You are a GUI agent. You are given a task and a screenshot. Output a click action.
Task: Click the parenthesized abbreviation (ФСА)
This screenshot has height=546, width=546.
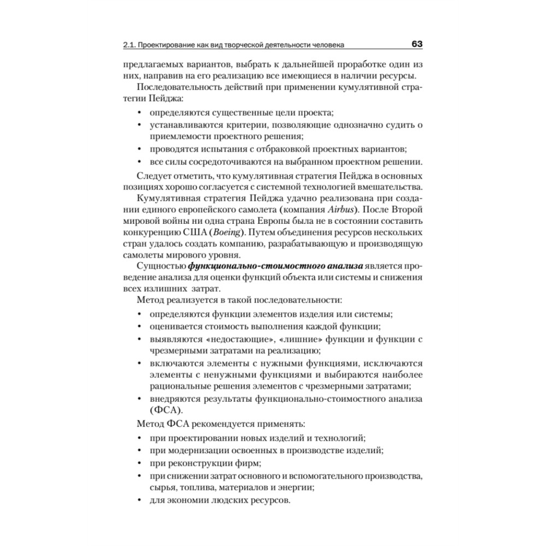(165, 410)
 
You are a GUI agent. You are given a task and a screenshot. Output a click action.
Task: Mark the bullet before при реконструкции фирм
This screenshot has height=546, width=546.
(140, 464)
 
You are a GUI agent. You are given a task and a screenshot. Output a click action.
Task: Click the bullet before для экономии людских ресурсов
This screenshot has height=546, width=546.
(140, 500)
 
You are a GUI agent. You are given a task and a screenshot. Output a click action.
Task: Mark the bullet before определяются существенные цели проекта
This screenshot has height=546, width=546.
(140, 112)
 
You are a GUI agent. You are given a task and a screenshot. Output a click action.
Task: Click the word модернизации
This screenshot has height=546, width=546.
(197, 450)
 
